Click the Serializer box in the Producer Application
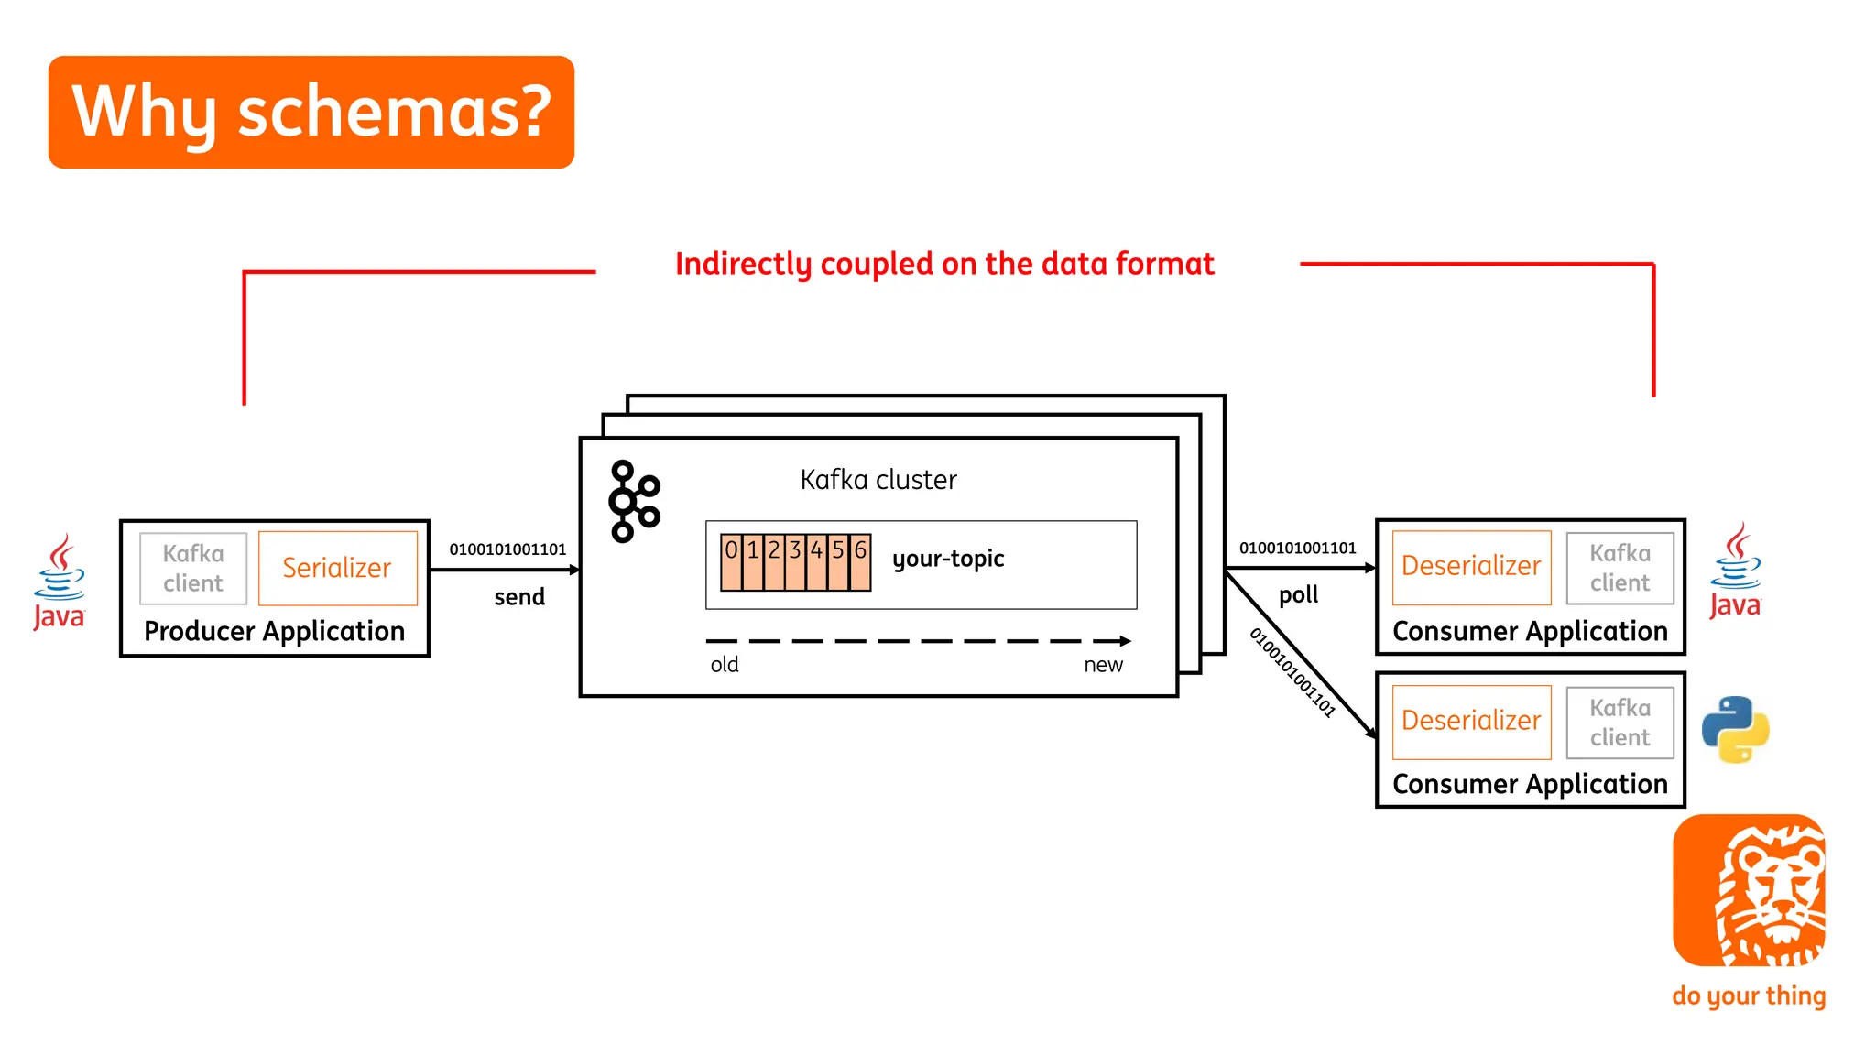tap(337, 568)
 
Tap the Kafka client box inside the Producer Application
tap(193, 568)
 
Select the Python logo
tap(1735, 729)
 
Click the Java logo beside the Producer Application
tap(60, 582)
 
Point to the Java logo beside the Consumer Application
tap(1735, 571)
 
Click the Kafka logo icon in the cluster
tap(633, 501)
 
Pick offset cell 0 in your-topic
tap(731, 561)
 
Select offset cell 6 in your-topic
tap(860, 561)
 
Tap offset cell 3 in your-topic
tap(795, 561)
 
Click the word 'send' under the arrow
tap(519, 597)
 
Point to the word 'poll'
tap(1298, 595)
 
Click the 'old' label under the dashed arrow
tap(725, 665)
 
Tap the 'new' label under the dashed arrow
tap(1103, 665)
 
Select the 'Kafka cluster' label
tap(878, 480)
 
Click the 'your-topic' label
tap(948, 559)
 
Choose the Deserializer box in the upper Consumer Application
tap(1471, 567)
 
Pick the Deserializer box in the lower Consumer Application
tap(1471, 722)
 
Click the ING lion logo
tap(1749, 890)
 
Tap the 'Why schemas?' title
tap(311, 112)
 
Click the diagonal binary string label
tap(1292, 672)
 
